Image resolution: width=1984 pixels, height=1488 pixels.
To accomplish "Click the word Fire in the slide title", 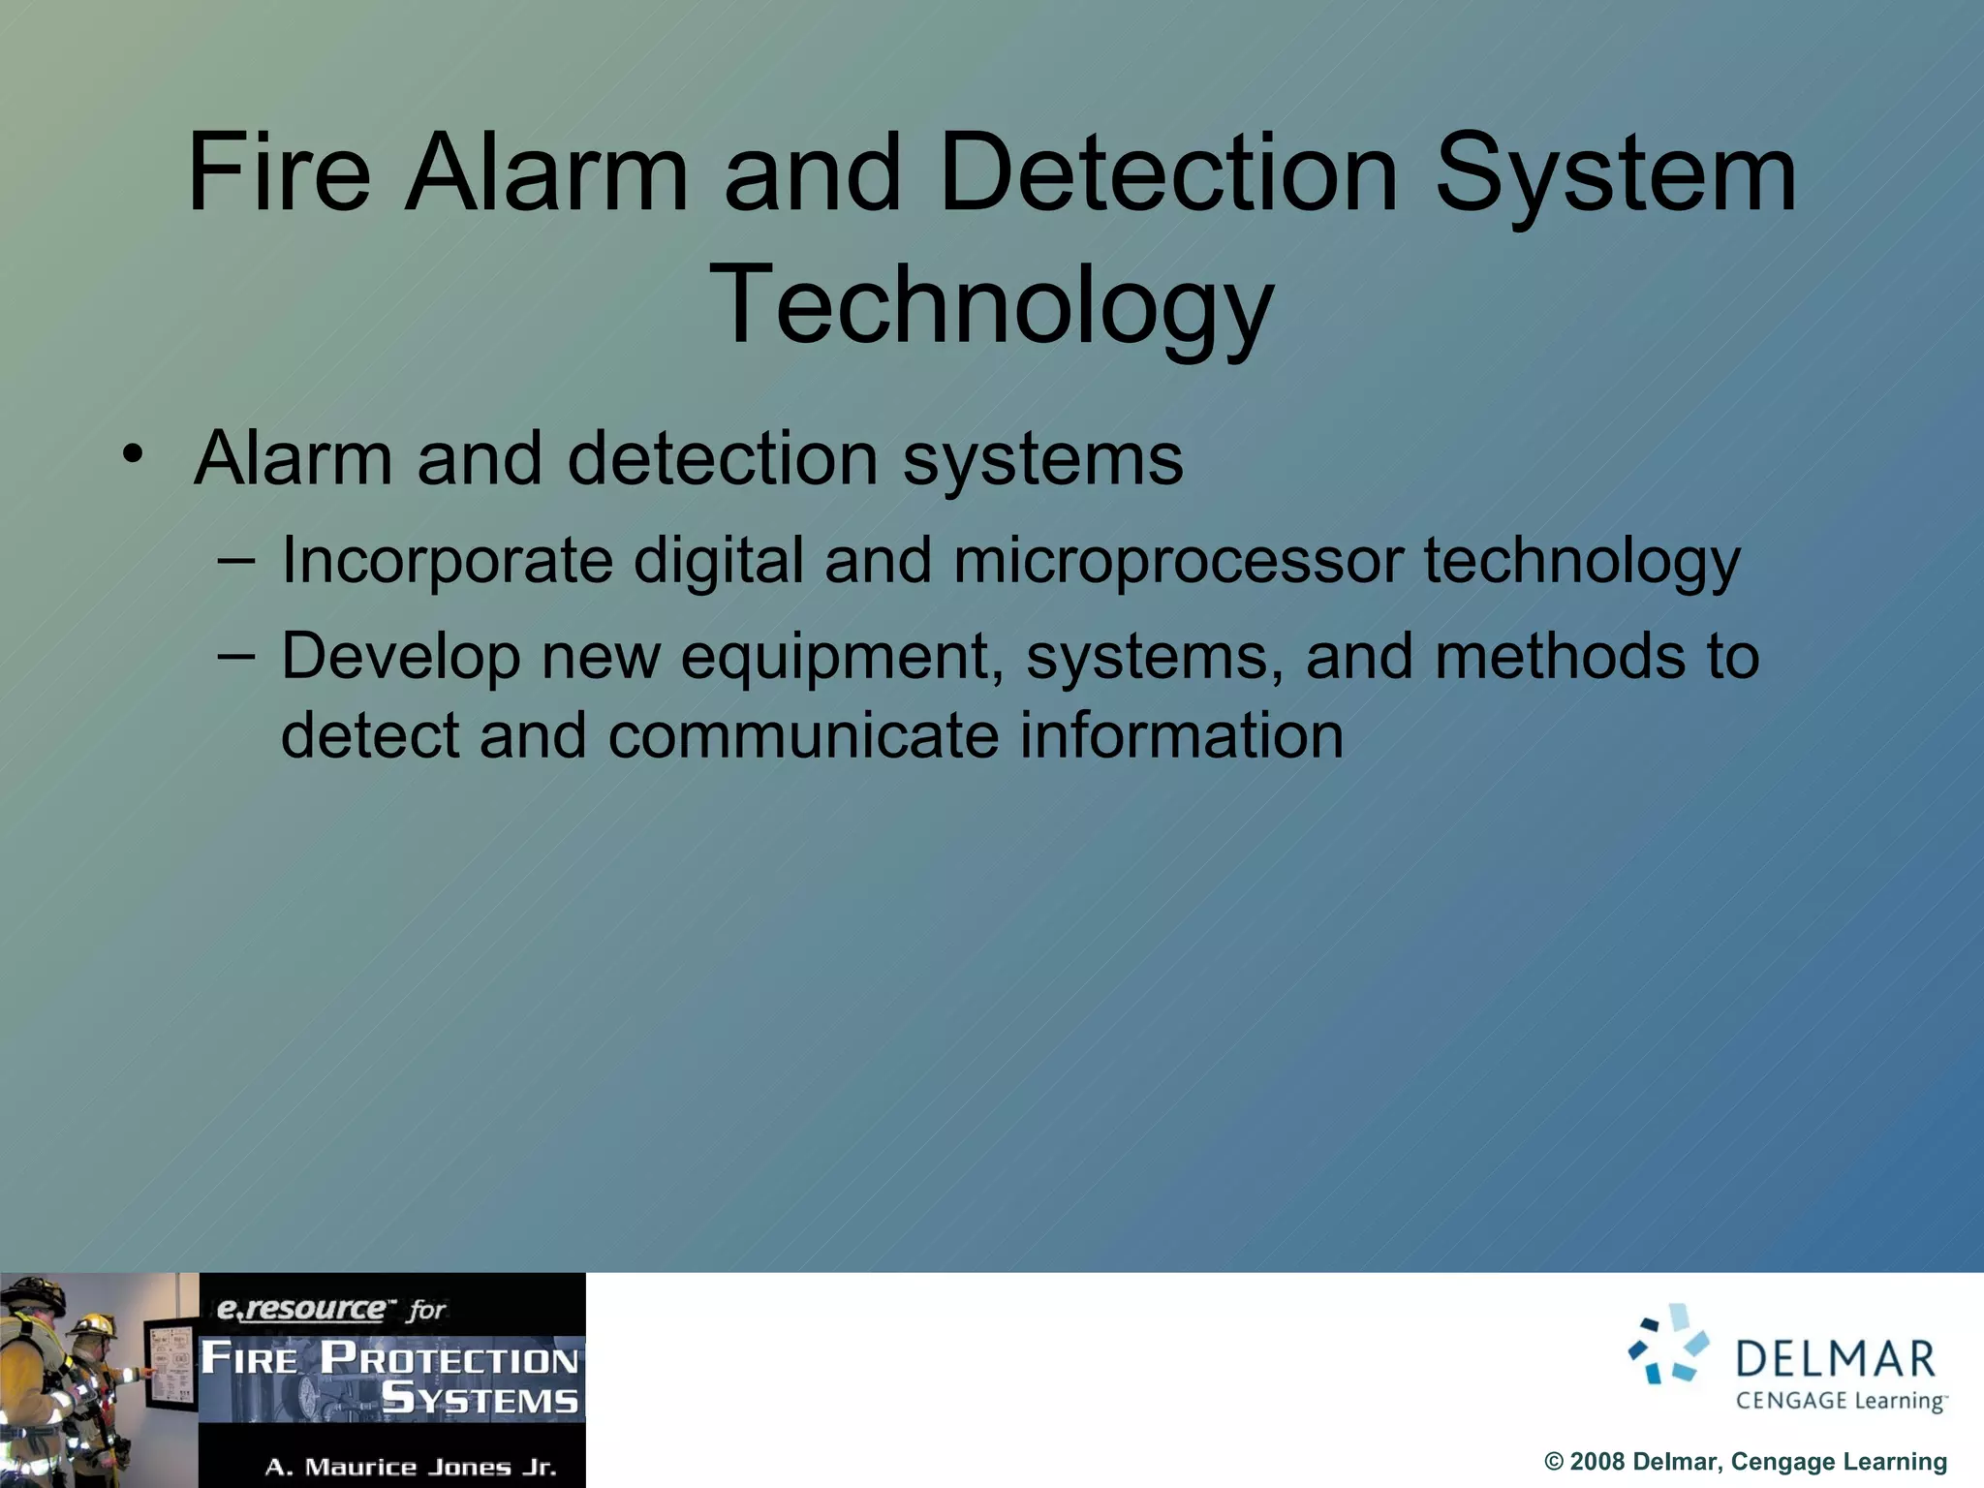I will [279, 174].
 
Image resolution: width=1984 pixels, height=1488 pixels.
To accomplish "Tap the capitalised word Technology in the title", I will [990, 306].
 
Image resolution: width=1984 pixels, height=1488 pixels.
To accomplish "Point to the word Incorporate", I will [447, 561].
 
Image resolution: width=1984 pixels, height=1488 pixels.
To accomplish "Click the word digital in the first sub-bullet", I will [719, 562].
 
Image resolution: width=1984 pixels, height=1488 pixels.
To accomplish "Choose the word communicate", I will [803, 735].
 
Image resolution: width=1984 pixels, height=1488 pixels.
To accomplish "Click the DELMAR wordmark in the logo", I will [1835, 1359].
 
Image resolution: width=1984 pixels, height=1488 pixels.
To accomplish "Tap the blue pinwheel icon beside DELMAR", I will [1668, 1345].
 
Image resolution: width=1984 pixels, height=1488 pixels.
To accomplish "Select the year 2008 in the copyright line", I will [1596, 1462].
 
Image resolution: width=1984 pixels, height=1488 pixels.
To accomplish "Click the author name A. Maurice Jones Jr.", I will [411, 1467].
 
